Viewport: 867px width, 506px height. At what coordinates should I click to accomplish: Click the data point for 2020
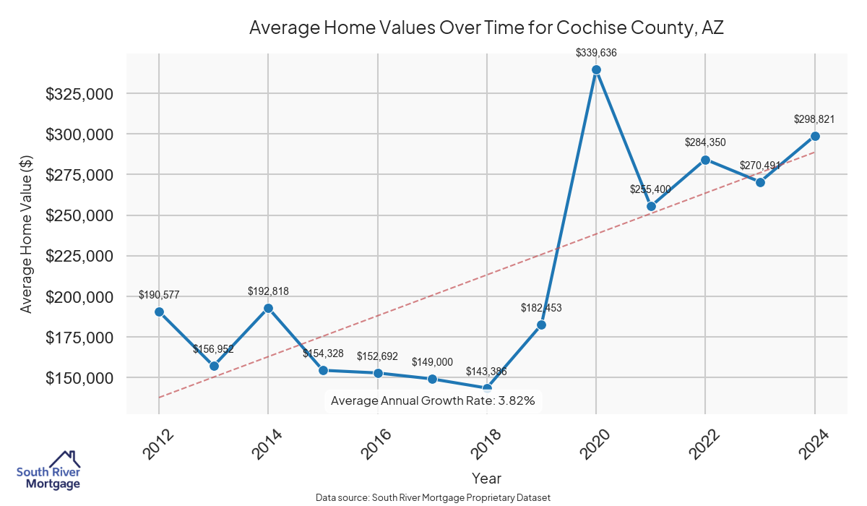[596, 70]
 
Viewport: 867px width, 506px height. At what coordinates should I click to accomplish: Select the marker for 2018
[487, 389]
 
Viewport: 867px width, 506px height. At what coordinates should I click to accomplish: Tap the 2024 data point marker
[815, 136]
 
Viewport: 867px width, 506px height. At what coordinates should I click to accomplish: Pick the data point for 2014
[268, 308]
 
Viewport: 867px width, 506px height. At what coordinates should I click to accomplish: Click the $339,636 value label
[596, 52]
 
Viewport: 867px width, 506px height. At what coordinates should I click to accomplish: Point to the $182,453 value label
[541, 307]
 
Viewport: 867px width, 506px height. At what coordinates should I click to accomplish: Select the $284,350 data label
[705, 142]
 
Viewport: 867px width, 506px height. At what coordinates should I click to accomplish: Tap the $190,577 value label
[159, 294]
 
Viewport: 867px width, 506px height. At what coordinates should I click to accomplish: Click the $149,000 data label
[432, 361]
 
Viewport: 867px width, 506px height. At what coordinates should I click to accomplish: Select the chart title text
[486, 28]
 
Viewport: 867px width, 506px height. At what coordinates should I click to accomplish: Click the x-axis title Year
[486, 478]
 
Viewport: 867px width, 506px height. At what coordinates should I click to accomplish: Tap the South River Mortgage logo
[49, 471]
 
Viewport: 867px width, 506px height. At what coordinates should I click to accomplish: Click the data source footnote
[433, 498]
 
